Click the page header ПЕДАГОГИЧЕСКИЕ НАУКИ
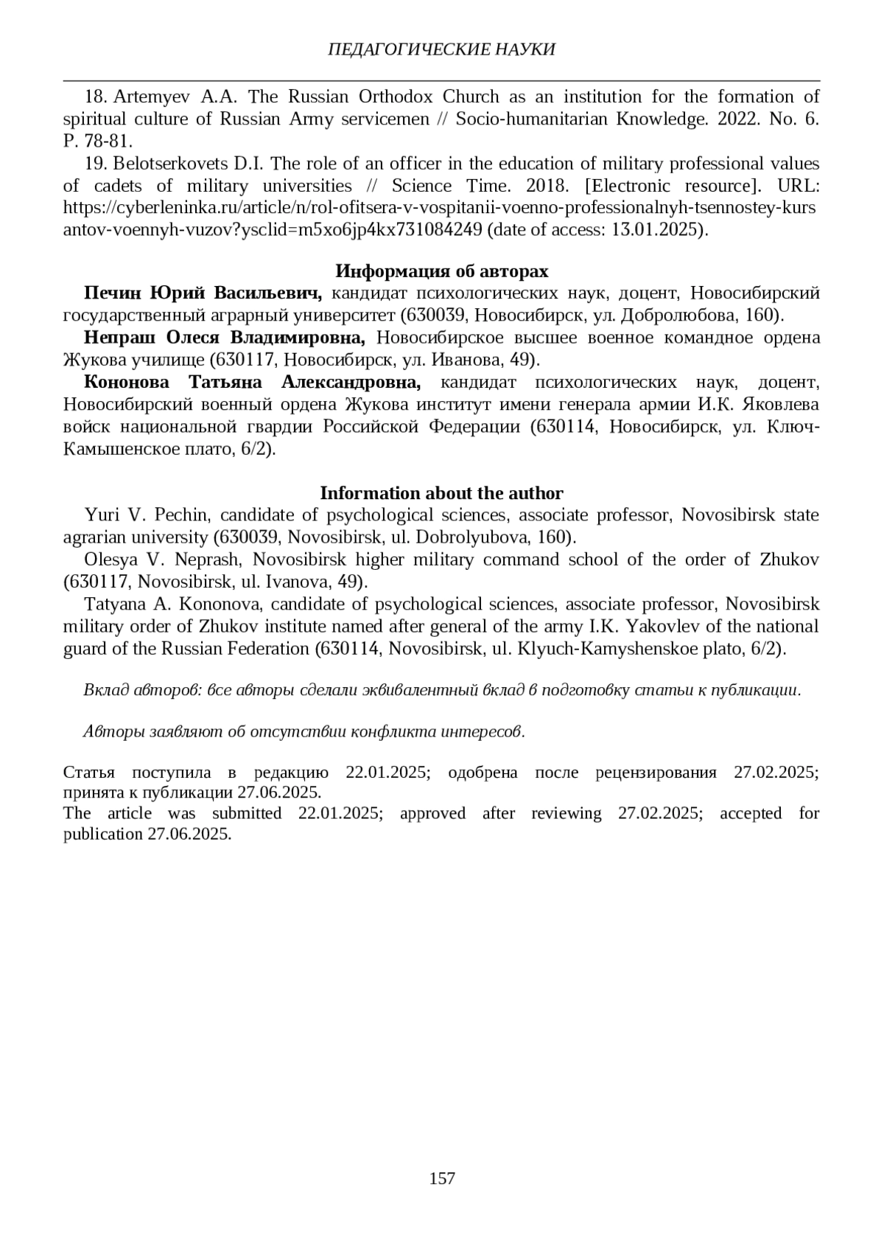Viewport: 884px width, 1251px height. click(441, 49)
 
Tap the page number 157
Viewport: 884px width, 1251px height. click(442, 1178)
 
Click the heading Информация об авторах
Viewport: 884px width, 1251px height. click(441, 271)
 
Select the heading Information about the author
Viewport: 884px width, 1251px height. click(441, 493)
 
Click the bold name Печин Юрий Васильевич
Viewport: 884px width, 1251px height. click(203, 293)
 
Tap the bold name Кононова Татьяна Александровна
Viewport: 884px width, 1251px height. click(253, 383)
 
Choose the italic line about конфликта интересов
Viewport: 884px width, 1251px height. click(304, 731)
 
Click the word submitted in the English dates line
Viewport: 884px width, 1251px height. click(247, 813)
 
